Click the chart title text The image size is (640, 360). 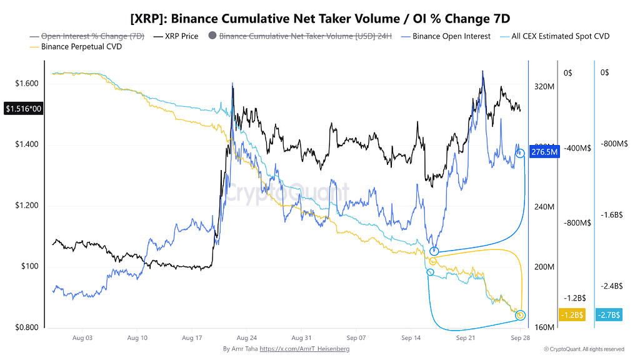(320, 19)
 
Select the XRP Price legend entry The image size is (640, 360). (176, 36)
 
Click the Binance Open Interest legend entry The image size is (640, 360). (446, 36)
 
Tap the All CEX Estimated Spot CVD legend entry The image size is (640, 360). (555, 36)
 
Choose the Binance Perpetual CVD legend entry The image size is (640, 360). (76, 47)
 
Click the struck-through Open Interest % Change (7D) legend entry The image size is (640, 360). (87, 36)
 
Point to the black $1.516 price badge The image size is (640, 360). (24, 109)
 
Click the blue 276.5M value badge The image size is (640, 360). (544, 152)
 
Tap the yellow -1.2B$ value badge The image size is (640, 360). (572, 315)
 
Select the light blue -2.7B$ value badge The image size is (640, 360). (609, 315)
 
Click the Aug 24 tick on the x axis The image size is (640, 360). (246, 338)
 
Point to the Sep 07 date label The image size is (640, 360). (356, 338)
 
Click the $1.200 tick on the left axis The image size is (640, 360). (26, 205)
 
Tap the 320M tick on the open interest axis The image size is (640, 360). (544, 86)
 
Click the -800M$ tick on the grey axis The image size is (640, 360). (577, 223)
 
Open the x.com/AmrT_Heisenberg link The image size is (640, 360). (304, 349)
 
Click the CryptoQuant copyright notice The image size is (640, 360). (584, 349)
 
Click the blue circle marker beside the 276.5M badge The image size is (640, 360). (520, 154)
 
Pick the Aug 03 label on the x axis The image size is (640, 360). (82, 338)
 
